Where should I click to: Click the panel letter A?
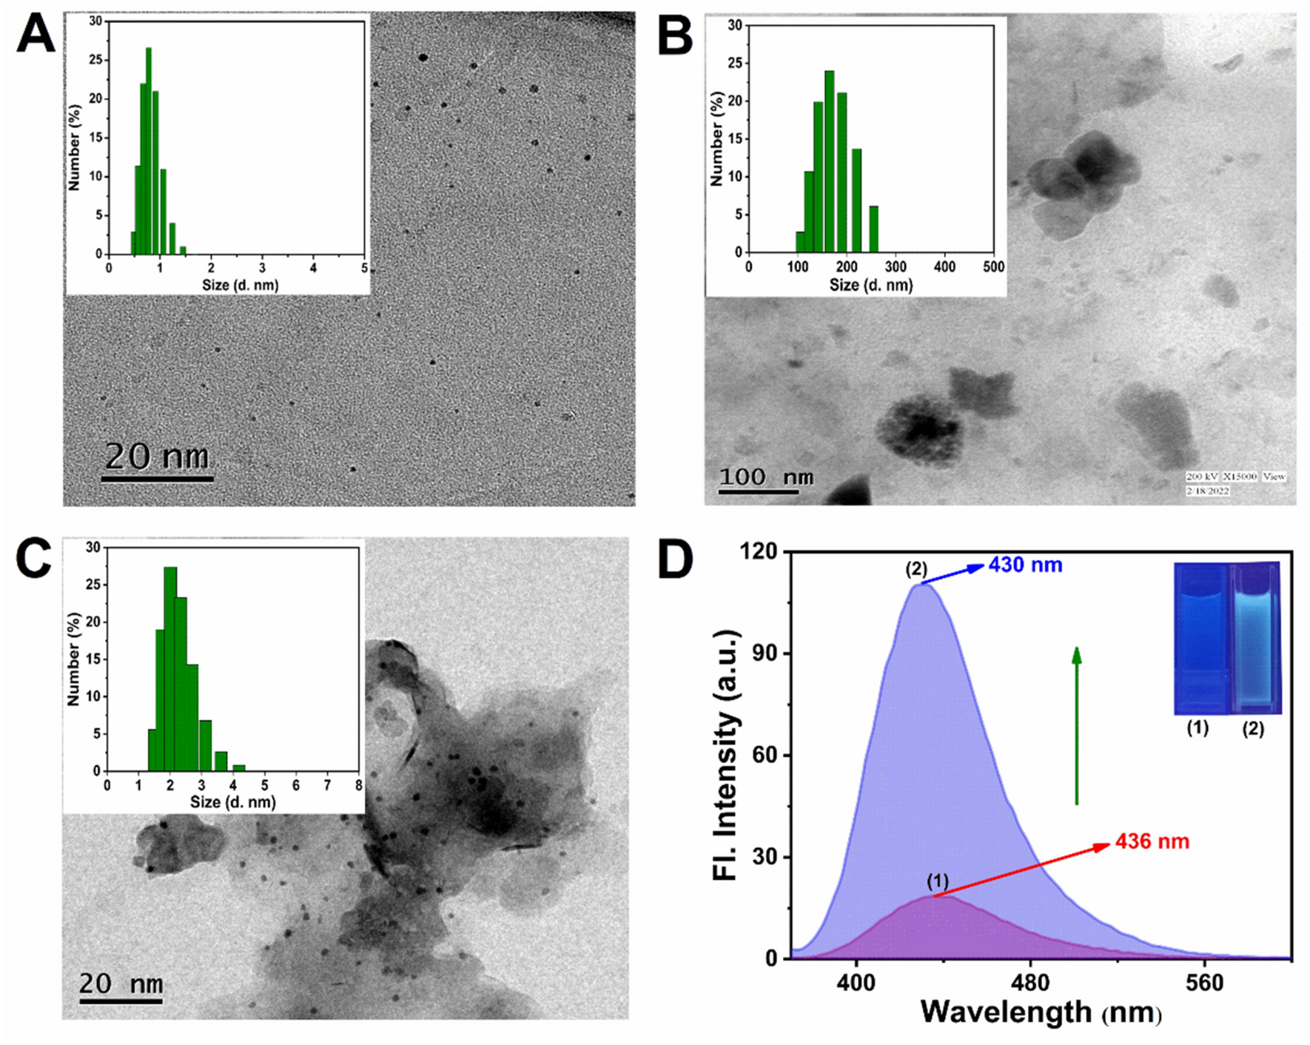[x=36, y=35]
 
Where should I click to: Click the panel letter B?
[x=675, y=35]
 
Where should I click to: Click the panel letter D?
[x=675, y=560]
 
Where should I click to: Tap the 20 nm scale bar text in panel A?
[x=157, y=456]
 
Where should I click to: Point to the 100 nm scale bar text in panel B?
[x=766, y=477]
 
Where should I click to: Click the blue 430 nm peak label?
[x=1025, y=565]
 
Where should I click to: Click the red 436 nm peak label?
[x=1152, y=841]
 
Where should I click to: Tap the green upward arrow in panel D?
[x=1077, y=725]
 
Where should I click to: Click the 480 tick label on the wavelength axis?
[x=1030, y=984]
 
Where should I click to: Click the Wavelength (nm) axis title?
[x=1040, y=1012]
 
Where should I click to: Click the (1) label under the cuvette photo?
[x=1198, y=728]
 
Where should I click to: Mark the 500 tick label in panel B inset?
[x=993, y=266]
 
